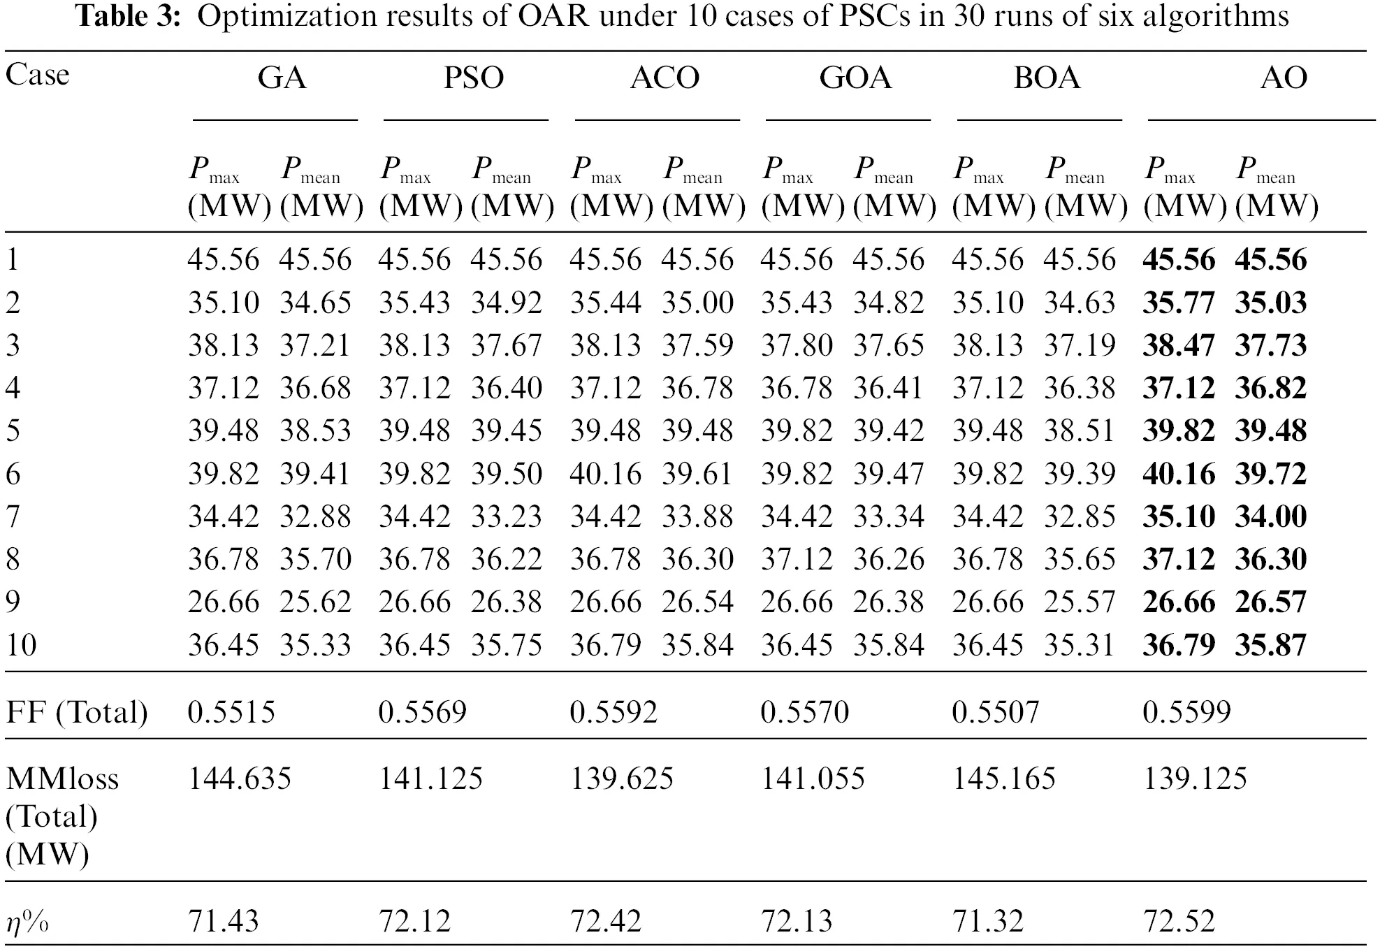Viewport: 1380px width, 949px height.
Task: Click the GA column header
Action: [x=282, y=78]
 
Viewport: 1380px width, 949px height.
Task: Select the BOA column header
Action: [x=1047, y=78]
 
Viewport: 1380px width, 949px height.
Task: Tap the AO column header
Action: [x=1283, y=78]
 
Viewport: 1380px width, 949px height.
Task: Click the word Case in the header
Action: [x=38, y=75]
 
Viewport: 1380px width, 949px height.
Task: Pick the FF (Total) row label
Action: [x=77, y=712]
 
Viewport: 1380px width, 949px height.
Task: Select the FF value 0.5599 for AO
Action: [x=1186, y=712]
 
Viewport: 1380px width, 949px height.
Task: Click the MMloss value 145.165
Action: [x=1003, y=778]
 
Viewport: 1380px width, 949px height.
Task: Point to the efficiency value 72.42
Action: [x=605, y=921]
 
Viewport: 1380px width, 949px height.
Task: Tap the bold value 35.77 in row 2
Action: [x=1178, y=303]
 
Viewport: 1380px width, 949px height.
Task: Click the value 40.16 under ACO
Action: [x=605, y=474]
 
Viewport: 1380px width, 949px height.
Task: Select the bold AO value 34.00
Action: [x=1270, y=516]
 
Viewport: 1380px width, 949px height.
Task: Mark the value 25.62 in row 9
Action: [x=315, y=602]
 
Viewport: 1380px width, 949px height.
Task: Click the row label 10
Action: [x=21, y=644]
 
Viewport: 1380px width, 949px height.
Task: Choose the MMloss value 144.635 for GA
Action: [x=239, y=778]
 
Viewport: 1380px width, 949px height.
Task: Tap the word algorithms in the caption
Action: [x=1216, y=17]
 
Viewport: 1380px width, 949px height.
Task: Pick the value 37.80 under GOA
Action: [x=796, y=345]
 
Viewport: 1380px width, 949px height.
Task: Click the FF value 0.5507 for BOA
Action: [x=995, y=712]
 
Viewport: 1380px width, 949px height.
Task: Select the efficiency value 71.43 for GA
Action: [x=223, y=921]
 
